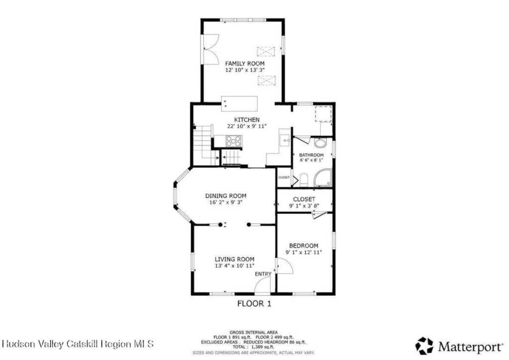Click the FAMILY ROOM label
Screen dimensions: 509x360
[245, 64]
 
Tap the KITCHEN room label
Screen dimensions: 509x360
[247, 120]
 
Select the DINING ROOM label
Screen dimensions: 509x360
[226, 196]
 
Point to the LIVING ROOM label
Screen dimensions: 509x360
[235, 259]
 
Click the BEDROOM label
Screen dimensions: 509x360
[304, 246]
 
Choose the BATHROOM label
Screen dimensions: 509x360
[311, 155]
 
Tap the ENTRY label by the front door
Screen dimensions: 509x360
[263, 274]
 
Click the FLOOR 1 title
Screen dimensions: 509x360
[254, 304]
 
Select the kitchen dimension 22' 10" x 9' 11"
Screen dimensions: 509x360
[247, 126]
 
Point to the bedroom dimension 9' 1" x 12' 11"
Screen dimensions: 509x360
[304, 252]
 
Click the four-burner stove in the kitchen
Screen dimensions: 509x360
[234, 141]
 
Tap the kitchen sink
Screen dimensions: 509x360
[285, 141]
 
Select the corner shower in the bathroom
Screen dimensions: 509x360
[323, 178]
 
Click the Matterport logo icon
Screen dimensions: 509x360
[424, 346]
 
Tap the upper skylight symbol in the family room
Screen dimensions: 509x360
[266, 52]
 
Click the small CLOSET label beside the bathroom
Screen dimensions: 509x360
[284, 178]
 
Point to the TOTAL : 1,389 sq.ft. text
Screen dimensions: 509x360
[253, 347]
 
